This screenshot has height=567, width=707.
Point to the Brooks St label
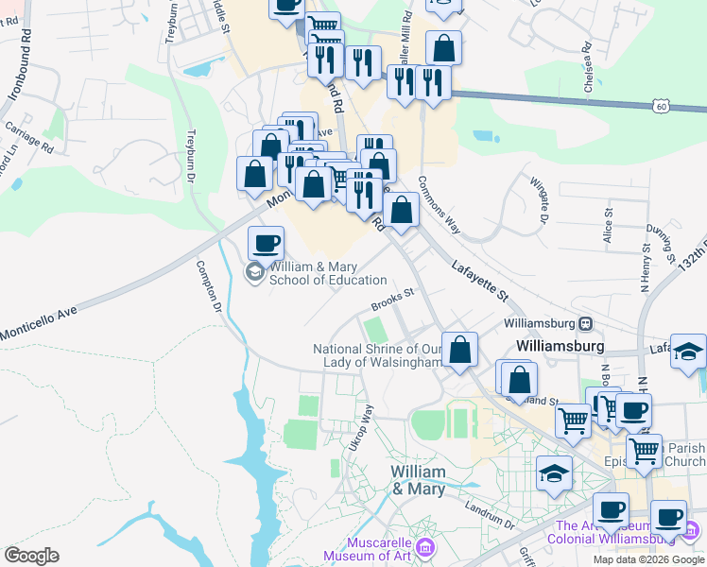tap(392, 299)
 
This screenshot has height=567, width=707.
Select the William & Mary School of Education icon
tap(253, 273)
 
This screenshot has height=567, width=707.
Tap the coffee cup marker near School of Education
tap(266, 243)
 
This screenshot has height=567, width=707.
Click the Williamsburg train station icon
tap(586, 323)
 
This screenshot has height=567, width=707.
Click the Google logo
tap(31, 556)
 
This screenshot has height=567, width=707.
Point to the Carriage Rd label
tap(29, 138)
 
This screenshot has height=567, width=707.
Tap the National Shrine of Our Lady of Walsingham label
tap(378, 355)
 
